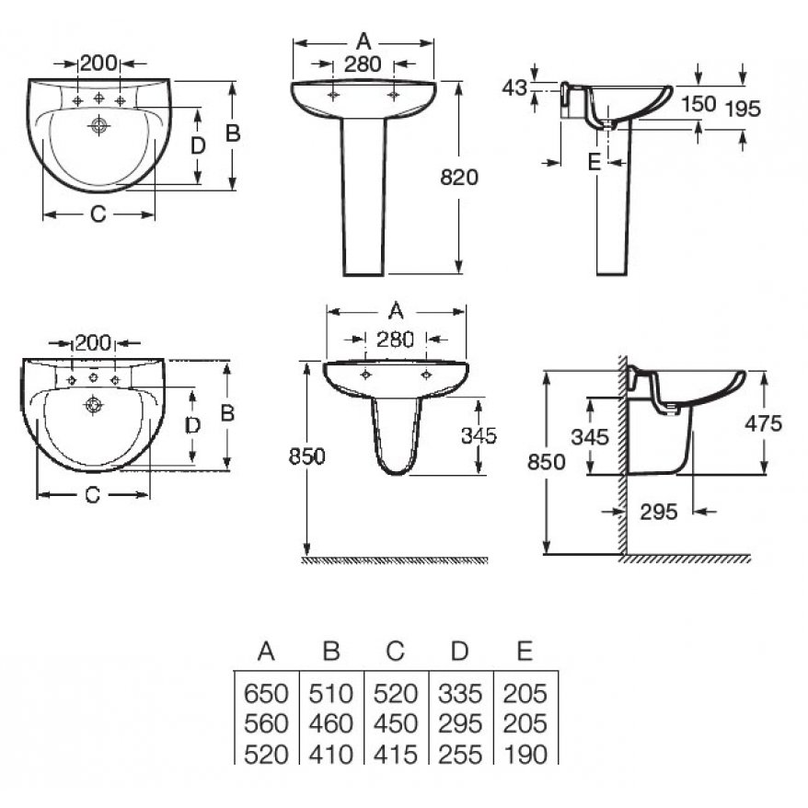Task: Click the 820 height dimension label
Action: pos(459,178)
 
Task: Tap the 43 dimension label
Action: pos(514,87)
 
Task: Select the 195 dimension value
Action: pos(743,109)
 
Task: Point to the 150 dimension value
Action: pos(698,104)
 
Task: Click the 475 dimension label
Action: pos(764,423)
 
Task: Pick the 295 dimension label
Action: pos(659,512)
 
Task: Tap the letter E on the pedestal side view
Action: pos(594,162)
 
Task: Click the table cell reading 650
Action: pos(266,694)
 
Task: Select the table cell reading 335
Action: pos(460,694)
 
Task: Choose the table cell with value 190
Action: pos(525,755)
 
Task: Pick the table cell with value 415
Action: pos(395,755)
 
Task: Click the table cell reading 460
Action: pos(330,723)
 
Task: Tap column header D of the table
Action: pos(459,652)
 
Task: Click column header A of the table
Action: pos(266,652)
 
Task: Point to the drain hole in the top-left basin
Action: pos(98,125)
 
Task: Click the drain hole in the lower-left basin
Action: pos(93,405)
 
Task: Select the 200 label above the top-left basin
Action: pos(99,63)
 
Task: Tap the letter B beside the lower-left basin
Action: pos(227,413)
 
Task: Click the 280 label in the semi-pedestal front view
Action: pos(395,340)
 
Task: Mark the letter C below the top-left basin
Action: pos(98,214)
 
